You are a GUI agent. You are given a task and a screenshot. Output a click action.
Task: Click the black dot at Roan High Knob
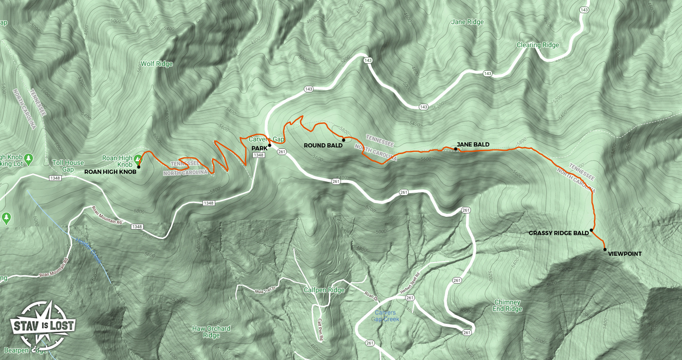tap(138, 167)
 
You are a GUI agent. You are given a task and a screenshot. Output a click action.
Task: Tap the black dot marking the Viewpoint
tap(605, 249)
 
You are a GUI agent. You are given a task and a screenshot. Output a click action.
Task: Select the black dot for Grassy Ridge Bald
tap(591, 231)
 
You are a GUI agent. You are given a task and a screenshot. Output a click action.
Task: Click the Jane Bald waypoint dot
tap(455, 149)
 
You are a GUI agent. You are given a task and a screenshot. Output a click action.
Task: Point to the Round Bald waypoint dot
tap(344, 140)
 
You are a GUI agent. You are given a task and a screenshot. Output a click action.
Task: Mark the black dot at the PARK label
tap(270, 145)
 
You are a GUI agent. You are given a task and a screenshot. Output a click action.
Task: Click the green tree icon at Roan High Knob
tap(138, 159)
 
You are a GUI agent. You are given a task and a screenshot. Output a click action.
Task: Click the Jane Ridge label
tap(467, 22)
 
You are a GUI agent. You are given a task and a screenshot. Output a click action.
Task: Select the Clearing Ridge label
tap(537, 45)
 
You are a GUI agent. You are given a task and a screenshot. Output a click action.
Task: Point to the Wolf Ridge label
tap(157, 64)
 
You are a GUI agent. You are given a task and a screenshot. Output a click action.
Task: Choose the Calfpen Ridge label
tap(324, 290)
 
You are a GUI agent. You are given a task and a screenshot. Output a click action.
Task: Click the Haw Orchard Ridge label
tap(211, 332)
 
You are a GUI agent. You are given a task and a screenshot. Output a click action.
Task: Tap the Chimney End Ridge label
tap(507, 305)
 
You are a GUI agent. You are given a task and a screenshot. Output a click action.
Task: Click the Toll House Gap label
tap(69, 166)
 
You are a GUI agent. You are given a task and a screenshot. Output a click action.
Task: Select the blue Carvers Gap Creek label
tap(385, 316)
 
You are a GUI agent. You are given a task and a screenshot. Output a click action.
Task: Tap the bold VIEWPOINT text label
tap(625, 254)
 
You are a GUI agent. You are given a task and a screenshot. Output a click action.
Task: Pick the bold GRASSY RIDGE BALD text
tap(559, 233)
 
